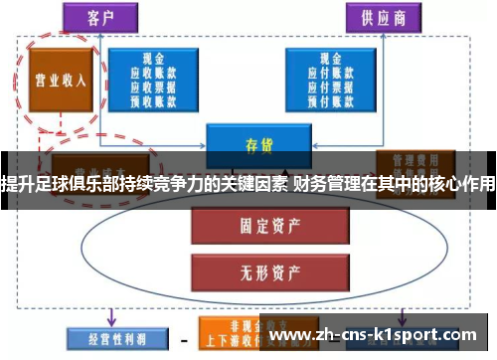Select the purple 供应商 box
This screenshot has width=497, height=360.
tap(383, 16)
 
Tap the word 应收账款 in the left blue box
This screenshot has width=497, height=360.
tap(155, 73)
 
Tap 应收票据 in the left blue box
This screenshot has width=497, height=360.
tap(155, 87)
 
